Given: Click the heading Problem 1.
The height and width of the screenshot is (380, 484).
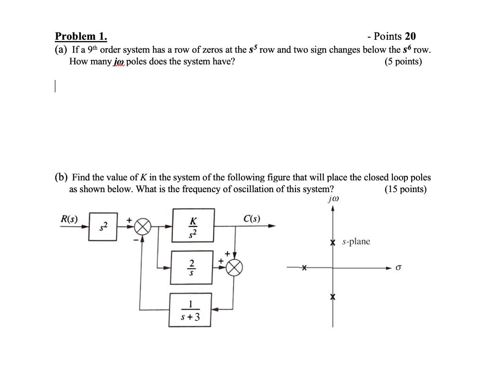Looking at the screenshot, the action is point(81,36).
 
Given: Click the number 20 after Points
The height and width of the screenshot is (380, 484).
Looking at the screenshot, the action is point(410,36).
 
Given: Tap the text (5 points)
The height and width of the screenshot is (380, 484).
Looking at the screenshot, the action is point(404,62).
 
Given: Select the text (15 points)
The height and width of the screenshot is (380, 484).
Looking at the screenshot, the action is point(406,189).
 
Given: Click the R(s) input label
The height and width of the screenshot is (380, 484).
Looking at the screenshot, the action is point(69,219).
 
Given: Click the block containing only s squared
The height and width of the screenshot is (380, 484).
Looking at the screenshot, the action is point(103,227).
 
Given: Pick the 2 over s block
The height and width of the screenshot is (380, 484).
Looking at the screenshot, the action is point(191,267).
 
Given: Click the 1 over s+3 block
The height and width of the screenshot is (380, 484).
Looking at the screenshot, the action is point(191,309).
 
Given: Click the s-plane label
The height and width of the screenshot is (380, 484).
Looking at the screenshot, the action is point(356,242).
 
